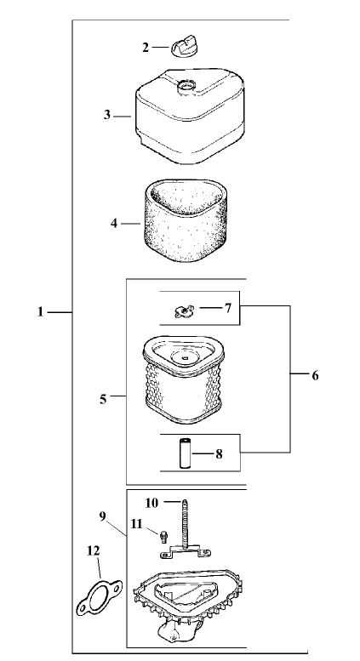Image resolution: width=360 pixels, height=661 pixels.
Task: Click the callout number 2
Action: (x=146, y=48)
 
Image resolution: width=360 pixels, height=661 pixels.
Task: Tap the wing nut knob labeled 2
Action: (x=184, y=47)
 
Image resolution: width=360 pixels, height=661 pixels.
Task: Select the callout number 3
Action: (x=107, y=115)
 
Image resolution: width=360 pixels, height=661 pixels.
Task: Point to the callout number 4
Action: (x=114, y=224)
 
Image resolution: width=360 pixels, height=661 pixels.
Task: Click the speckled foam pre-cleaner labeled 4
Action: (x=185, y=219)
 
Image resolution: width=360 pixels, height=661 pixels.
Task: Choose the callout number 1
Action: (x=41, y=312)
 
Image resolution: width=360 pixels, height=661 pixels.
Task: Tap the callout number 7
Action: (x=227, y=308)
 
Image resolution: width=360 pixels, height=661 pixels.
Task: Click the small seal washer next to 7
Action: (x=183, y=311)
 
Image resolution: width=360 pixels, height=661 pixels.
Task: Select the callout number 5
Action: (x=103, y=399)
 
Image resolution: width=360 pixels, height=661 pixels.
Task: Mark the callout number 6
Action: (x=315, y=375)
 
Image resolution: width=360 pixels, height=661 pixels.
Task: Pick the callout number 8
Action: (x=219, y=454)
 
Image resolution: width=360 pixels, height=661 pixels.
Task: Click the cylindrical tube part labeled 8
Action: (x=185, y=453)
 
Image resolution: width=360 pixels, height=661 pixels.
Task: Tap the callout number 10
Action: (x=151, y=503)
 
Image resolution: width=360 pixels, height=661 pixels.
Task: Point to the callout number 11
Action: (x=136, y=524)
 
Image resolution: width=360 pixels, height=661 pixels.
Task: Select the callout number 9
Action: (x=103, y=516)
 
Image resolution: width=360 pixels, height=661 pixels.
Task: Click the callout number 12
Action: (x=94, y=550)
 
